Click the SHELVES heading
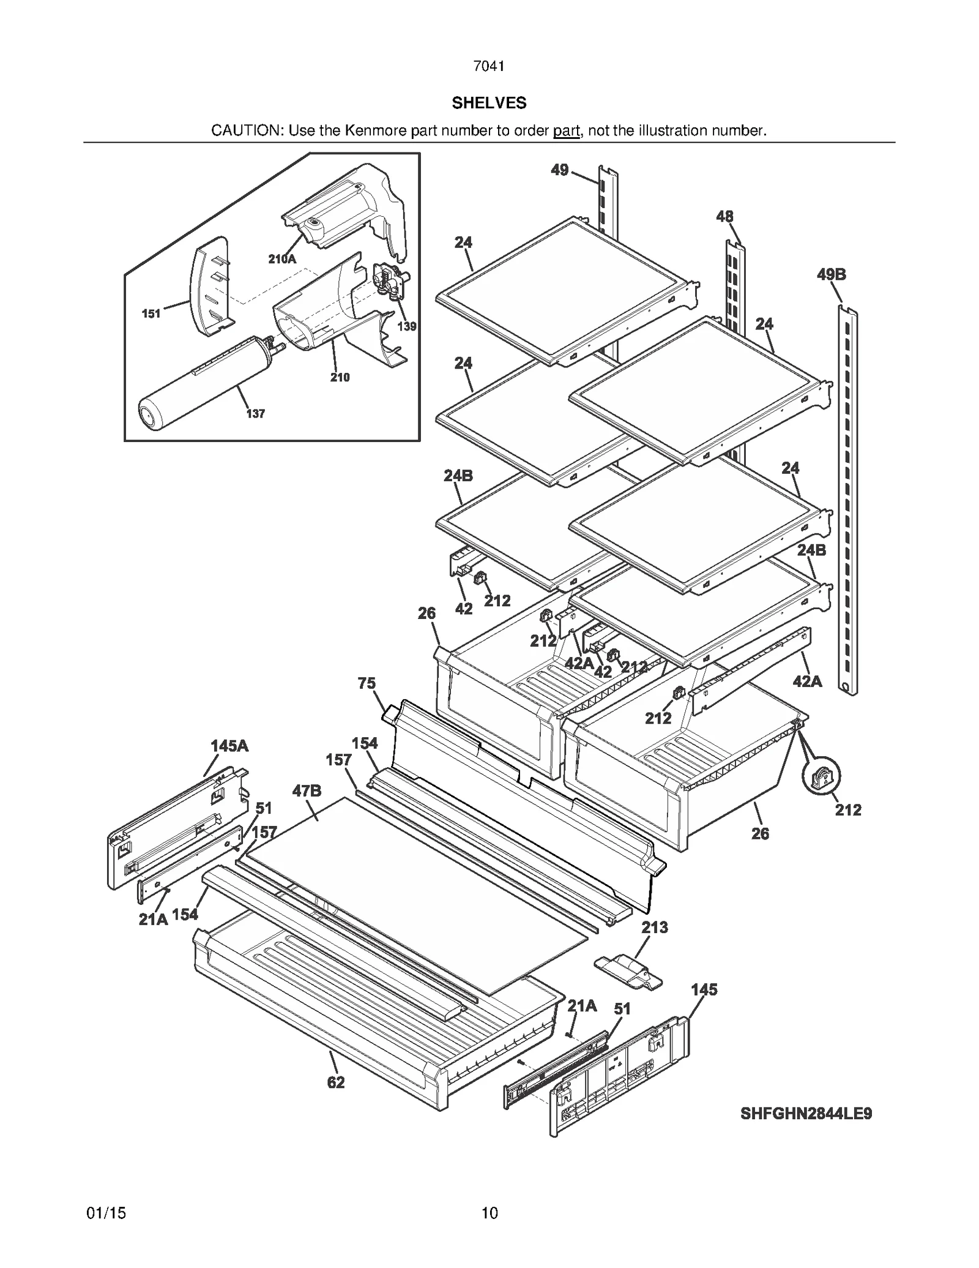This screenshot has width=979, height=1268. pos(489,103)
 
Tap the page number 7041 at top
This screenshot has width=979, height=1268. pos(489,66)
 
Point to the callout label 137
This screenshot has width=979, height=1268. pos(255,414)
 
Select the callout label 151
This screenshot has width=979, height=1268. pos(151,313)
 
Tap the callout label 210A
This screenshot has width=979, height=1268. pos(282,259)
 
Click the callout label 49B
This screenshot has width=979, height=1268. pos(831,275)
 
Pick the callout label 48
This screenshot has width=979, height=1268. pos(724,217)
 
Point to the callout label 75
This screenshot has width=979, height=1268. pos(367,683)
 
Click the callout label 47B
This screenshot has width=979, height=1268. pos(307,790)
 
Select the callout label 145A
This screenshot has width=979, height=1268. pos(229,746)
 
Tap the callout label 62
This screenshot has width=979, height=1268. pos(336,1082)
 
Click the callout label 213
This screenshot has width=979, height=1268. pos(654,928)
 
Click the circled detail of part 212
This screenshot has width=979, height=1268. pos(821,776)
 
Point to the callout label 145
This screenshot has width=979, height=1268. pos(704,989)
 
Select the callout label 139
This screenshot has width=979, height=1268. pos(407,326)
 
